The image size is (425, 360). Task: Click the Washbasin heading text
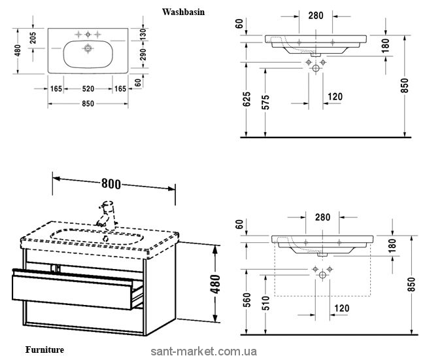182,11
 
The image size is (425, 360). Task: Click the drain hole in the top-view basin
87,48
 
